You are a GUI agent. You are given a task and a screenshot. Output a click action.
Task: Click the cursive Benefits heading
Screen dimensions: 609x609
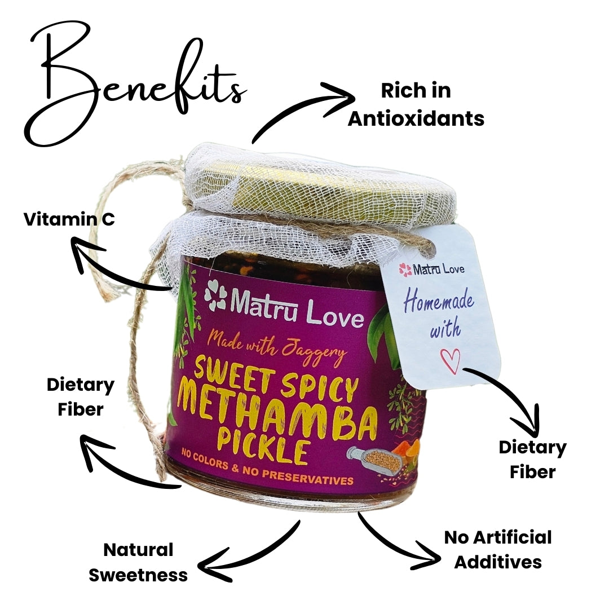pos(133,85)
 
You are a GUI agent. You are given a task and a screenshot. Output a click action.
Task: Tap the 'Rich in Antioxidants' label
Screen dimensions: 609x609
pos(416,104)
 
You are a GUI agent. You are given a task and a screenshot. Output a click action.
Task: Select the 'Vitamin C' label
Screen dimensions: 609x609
pos(69,219)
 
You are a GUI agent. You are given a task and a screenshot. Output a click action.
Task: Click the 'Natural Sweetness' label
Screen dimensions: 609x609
pos(138,562)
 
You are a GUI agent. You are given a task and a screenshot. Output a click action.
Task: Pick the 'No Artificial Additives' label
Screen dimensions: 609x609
pos(497,549)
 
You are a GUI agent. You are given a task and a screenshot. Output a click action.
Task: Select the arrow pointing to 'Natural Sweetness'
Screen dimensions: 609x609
pos(248,555)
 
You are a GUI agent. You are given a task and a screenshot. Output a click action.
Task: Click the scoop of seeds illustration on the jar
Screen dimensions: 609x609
pos(375,459)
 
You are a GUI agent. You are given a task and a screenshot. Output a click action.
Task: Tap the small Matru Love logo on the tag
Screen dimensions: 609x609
pos(432,269)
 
